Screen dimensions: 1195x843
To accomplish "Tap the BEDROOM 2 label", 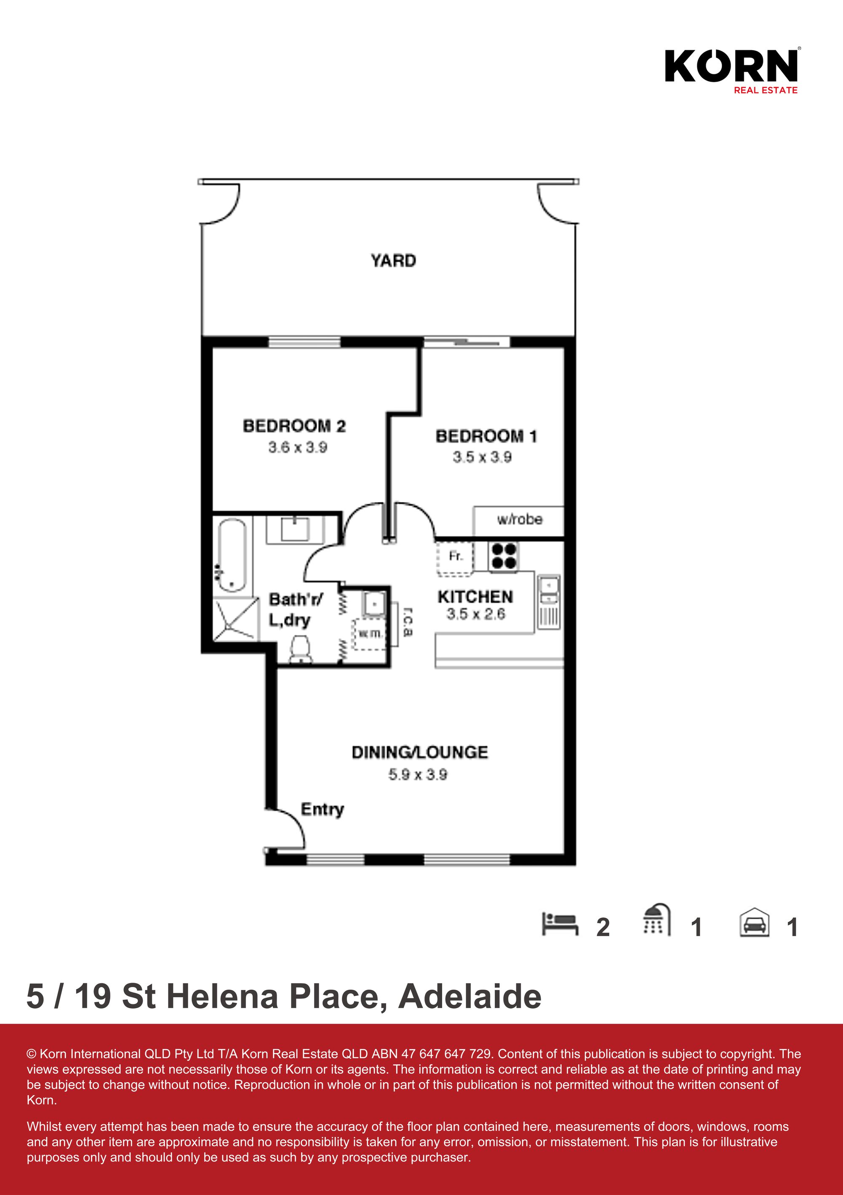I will (294, 426).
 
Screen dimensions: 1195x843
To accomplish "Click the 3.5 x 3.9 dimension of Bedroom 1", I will (482, 457).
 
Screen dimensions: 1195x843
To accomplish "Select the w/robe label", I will (519, 519).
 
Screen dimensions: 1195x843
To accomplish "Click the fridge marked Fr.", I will (455, 558).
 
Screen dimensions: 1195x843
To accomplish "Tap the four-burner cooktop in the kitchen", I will (504, 556).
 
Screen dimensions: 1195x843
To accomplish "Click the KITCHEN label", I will (475, 597).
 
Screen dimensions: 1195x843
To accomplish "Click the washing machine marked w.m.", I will (370, 635).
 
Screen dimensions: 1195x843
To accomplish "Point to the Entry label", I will (322, 809).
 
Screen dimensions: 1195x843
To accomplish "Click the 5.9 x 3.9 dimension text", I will (418, 775).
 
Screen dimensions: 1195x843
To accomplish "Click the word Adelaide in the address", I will (470, 997).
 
